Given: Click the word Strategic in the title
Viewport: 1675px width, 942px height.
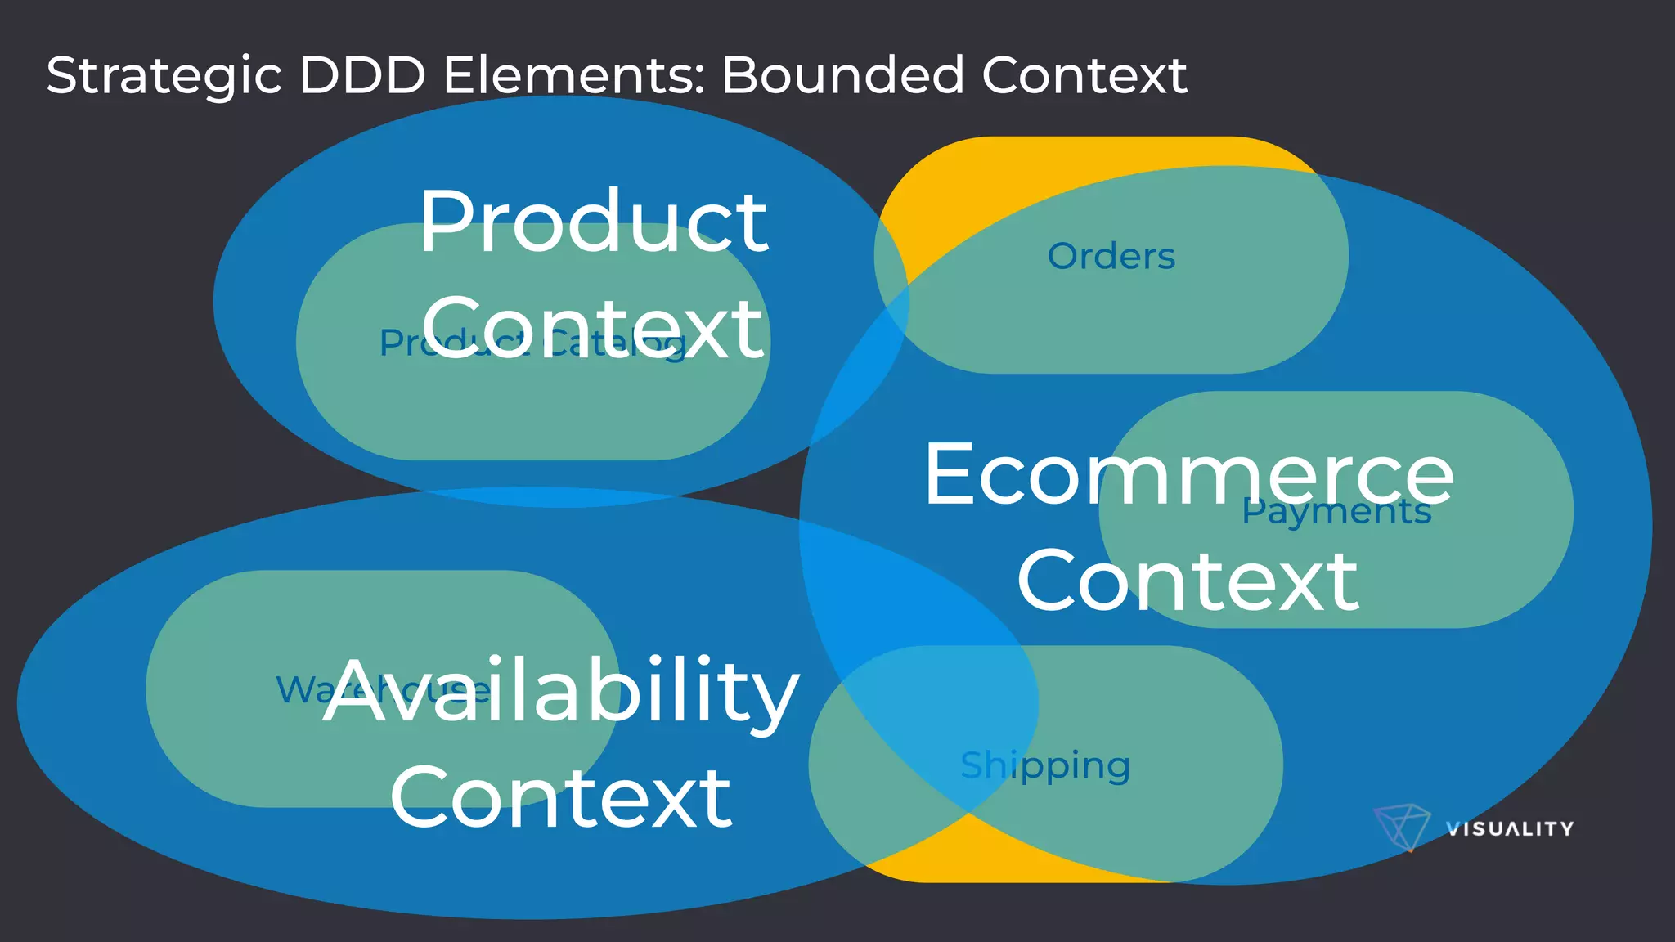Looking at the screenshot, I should pyautogui.click(x=164, y=76).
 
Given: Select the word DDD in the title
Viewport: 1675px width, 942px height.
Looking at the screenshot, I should pyautogui.click(x=362, y=76).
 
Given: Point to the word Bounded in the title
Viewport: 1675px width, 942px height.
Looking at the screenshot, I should pyautogui.click(x=843, y=76).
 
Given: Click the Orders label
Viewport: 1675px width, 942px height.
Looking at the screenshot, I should pyautogui.click(x=1111, y=257).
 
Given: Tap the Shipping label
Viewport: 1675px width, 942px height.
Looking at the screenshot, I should pyautogui.click(x=1045, y=766).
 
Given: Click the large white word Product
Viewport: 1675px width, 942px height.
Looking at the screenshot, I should pyautogui.click(x=593, y=222).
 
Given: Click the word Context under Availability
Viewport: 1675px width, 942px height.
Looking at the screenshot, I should pyautogui.click(x=560, y=798).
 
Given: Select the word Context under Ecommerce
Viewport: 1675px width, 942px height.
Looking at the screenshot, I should pyautogui.click(x=1188, y=581).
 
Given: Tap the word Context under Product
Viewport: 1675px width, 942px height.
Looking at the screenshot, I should pyautogui.click(x=593, y=329).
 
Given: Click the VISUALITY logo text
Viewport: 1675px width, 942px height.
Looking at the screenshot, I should pyautogui.click(x=1510, y=829).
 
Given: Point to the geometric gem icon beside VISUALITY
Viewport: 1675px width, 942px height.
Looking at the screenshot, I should pyautogui.click(x=1401, y=827).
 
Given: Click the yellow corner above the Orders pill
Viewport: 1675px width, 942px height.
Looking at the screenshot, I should pyautogui.click(x=941, y=188).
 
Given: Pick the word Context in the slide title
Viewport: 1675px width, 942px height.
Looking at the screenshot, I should pyautogui.click(x=1084, y=76).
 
